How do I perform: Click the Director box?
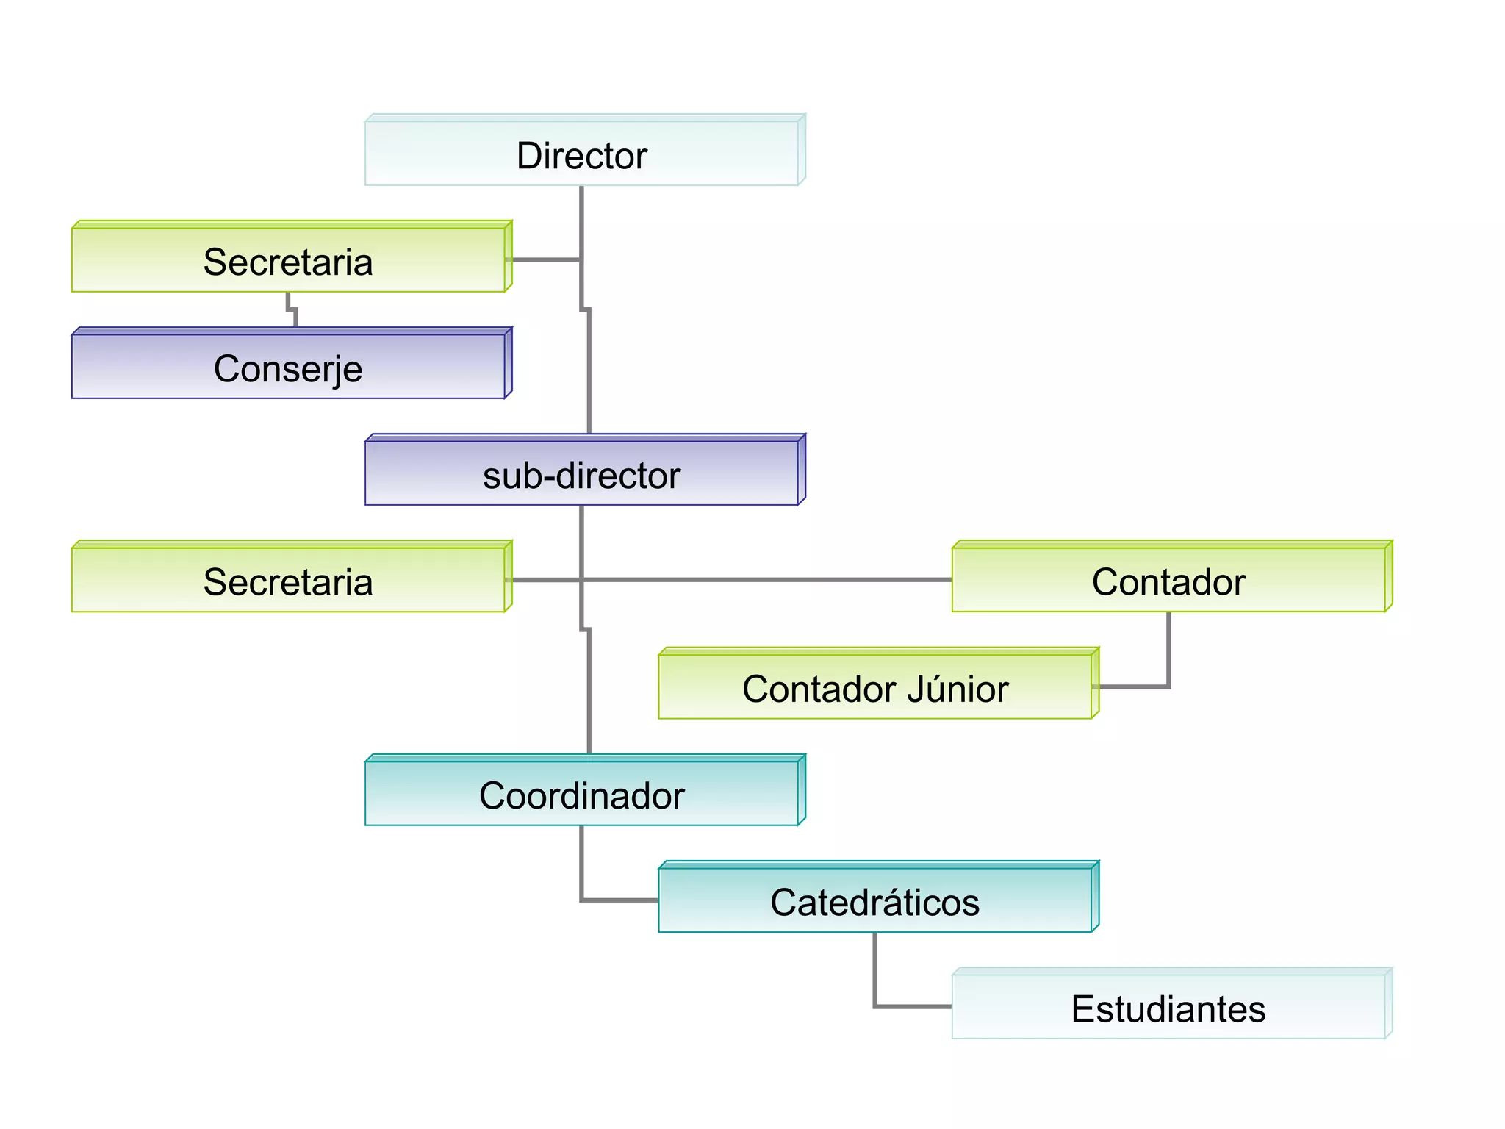click(x=581, y=154)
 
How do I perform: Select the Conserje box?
click(x=288, y=367)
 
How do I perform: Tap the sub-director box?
click(x=581, y=473)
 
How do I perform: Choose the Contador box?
click(x=1168, y=580)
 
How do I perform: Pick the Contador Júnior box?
click(x=874, y=687)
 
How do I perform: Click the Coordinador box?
click(x=581, y=794)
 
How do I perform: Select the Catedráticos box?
click(x=874, y=900)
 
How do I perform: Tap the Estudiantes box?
click(x=1168, y=1007)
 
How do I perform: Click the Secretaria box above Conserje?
click(x=288, y=260)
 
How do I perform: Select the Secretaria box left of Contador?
click(x=288, y=580)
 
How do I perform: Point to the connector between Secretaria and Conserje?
click(x=292, y=309)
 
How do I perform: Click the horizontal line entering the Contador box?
click(x=808, y=580)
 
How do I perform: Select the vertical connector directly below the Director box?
click(x=581, y=221)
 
